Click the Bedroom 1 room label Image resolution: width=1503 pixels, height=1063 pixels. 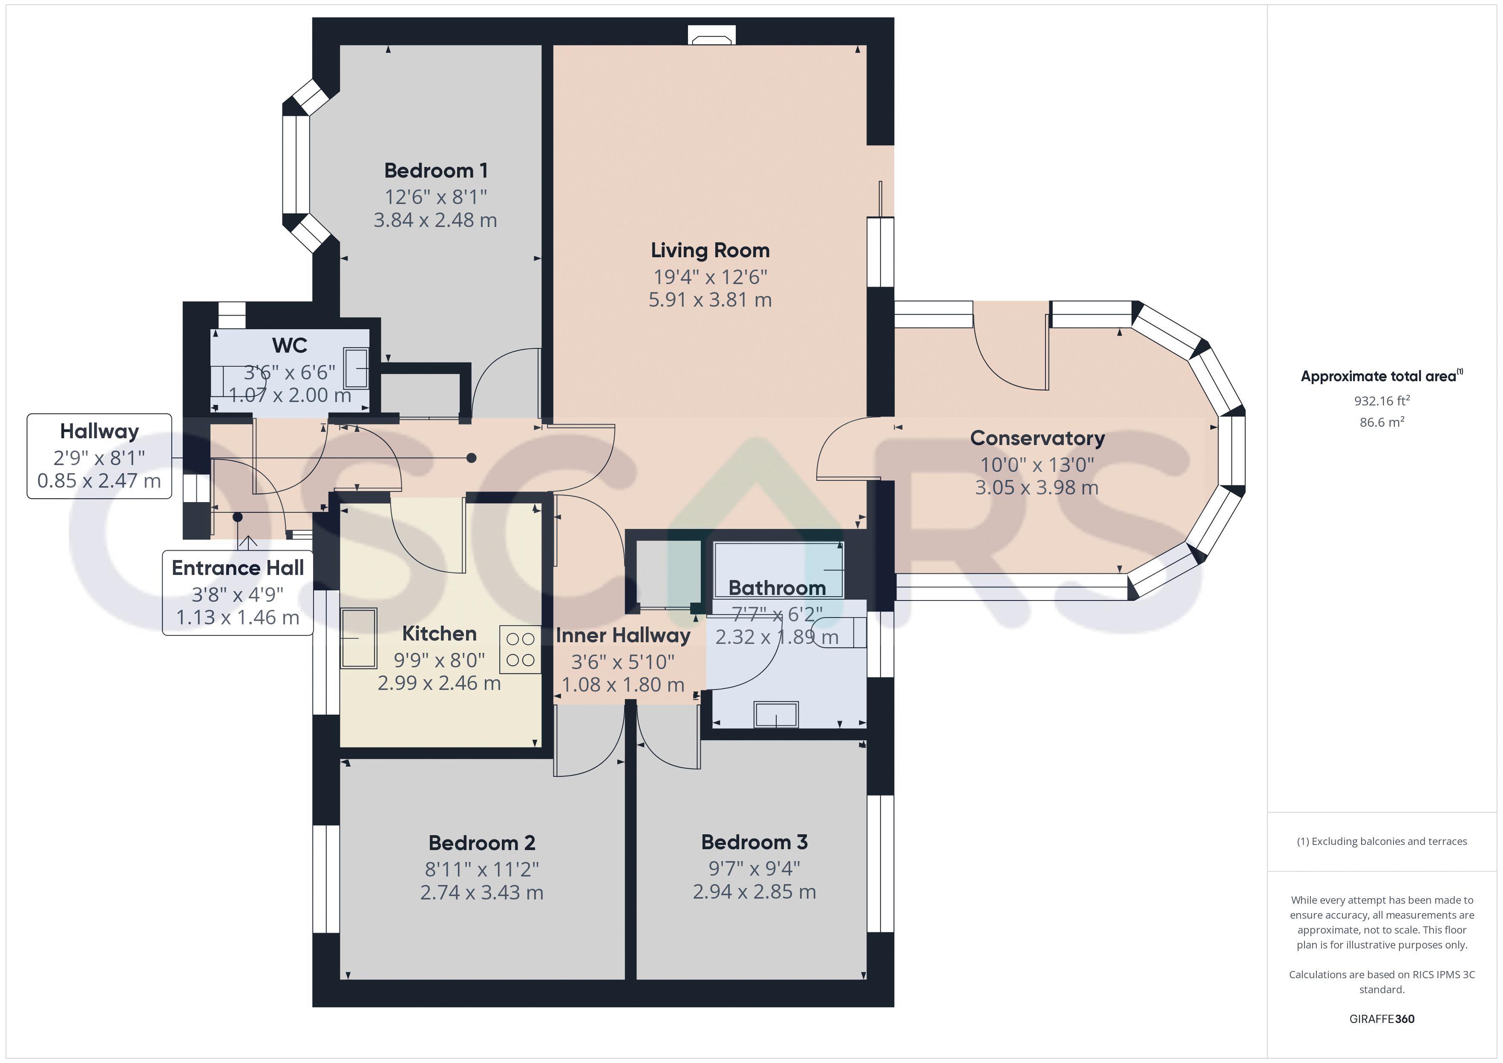pyautogui.click(x=436, y=171)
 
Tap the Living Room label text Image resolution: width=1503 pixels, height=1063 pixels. pyautogui.click(x=710, y=251)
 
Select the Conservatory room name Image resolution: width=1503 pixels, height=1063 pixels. pyautogui.click(x=1037, y=438)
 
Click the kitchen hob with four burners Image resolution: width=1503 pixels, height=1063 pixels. pyautogui.click(x=521, y=649)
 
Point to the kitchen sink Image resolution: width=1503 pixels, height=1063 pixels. pyautogui.click(x=359, y=638)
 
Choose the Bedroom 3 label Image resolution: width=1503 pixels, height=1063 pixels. pyautogui.click(x=754, y=842)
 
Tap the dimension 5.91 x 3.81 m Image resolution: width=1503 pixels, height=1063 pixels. pyautogui.click(x=710, y=300)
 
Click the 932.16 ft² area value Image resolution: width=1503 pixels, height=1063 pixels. pyautogui.click(x=1382, y=401)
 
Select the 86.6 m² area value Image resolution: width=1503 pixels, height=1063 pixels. pyautogui.click(x=1382, y=422)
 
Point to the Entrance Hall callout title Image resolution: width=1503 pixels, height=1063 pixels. pyautogui.click(x=238, y=568)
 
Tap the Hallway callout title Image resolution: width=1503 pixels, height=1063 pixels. pyautogui.click(x=100, y=431)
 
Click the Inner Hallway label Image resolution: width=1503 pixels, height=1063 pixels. pyautogui.click(x=623, y=635)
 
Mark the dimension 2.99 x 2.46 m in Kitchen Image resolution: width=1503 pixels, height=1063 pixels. pyautogui.click(x=439, y=684)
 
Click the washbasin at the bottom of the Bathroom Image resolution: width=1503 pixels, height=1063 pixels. pyautogui.click(x=776, y=714)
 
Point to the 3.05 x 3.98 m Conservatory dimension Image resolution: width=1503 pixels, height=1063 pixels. pyautogui.click(x=1037, y=488)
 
